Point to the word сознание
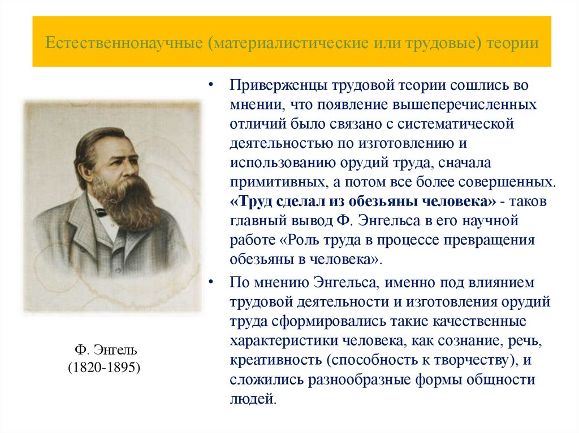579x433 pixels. (x=457, y=341)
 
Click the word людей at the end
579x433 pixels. (x=252, y=399)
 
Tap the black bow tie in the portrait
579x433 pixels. (x=102, y=212)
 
